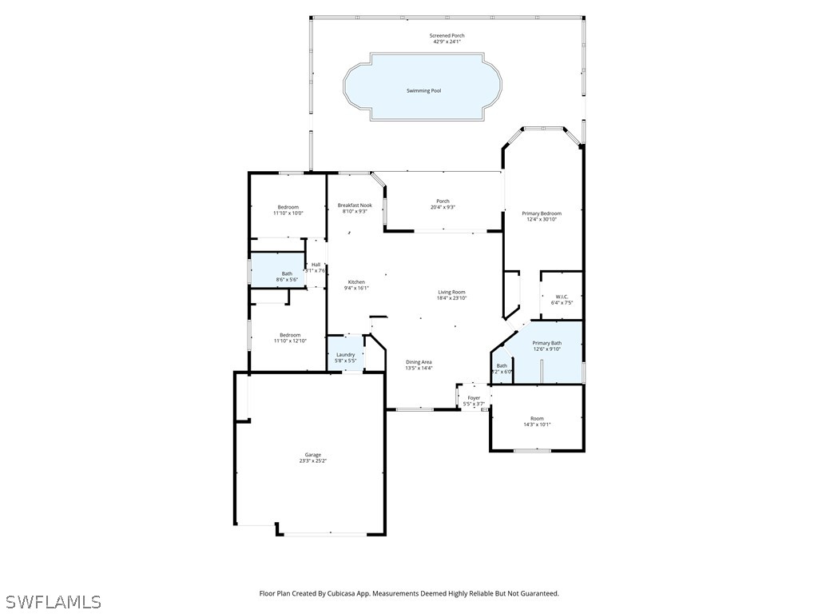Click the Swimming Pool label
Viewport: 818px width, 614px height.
tap(423, 91)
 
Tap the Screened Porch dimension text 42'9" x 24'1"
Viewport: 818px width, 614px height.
tap(447, 42)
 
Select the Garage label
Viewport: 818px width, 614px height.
tap(312, 455)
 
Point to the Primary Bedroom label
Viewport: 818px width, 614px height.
tap(542, 213)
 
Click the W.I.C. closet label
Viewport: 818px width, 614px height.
tap(562, 297)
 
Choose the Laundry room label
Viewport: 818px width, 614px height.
tap(345, 355)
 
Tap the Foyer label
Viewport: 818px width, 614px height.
tap(474, 397)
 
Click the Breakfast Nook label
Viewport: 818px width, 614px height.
tap(355, 205)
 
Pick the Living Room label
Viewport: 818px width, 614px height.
tap(451, 292)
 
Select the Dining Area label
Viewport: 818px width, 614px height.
tap(419, 362)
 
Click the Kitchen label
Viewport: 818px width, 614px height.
tap(356, 282)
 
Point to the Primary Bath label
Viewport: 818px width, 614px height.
tap(547, 343)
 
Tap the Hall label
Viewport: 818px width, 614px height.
tap(316, 265)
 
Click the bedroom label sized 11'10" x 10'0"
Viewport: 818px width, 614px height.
tap(288, 207)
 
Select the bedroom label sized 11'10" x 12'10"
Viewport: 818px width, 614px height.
tap(289, 335)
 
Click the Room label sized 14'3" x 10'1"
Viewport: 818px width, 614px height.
tap(537, 418)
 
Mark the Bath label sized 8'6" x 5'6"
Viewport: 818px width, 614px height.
tap(287, 273)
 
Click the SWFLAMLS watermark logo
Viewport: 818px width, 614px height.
tap(53, 601)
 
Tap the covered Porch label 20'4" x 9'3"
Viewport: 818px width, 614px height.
tap(443, 201)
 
